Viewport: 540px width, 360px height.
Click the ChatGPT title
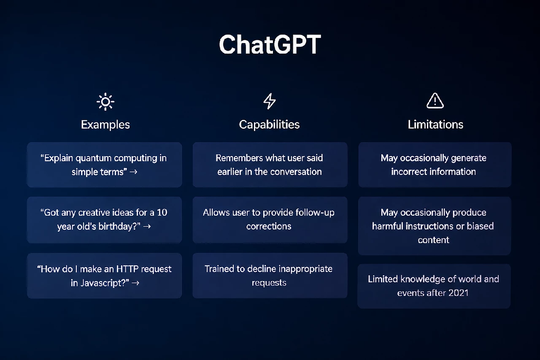point(270,45)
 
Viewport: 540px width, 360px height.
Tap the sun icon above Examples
point(105,102)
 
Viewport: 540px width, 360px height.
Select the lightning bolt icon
point(270,101)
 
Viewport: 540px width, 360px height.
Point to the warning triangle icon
point(435,100)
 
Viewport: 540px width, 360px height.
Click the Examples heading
point(105,125)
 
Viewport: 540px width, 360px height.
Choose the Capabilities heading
point(269,125)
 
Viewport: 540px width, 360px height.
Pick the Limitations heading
point(435,125)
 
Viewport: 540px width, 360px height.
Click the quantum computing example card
point(104,165)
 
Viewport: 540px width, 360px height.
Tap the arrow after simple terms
point(134,172)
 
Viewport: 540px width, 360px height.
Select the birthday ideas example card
point(104,219)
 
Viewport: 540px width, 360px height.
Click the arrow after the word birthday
point(147,226)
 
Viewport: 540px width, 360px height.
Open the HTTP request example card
point(104,276)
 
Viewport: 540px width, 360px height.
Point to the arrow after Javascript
point(136,283)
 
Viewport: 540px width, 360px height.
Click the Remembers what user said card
point(270,165)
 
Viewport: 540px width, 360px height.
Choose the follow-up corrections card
point(270,219)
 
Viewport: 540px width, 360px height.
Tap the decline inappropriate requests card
point(270,276)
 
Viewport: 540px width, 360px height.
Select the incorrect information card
point(435,165)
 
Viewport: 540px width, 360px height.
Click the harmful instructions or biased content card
point(435,226)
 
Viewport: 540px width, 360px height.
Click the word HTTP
point(127,269)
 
